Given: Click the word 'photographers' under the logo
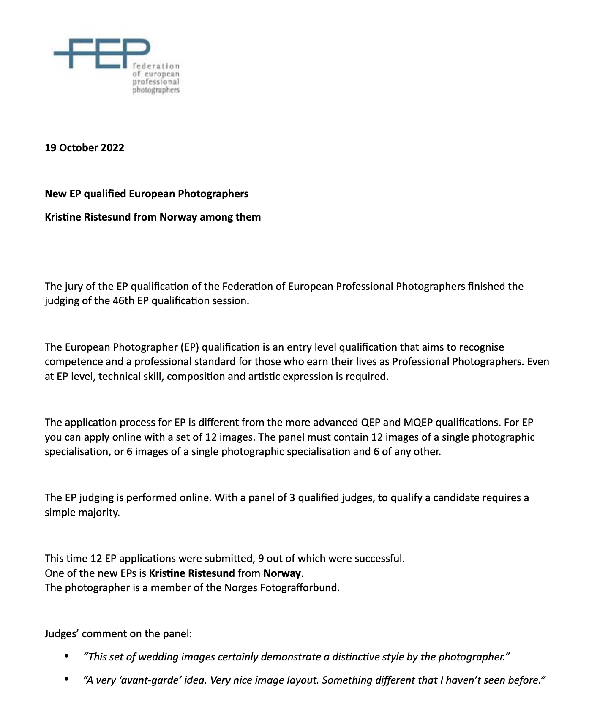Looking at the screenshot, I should tap(156, 90).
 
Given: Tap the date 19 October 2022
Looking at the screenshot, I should tap(85, 148).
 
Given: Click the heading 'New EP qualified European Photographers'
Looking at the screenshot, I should tap(147, 194).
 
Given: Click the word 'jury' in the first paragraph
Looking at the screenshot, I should tap(74, 287).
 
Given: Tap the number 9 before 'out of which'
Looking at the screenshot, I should tap(261, 559).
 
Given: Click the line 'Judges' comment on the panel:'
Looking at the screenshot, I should tap(118, 634).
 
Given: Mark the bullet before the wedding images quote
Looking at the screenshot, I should tap(66, 656).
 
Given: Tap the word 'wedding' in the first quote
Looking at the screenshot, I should tap(156, 657).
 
